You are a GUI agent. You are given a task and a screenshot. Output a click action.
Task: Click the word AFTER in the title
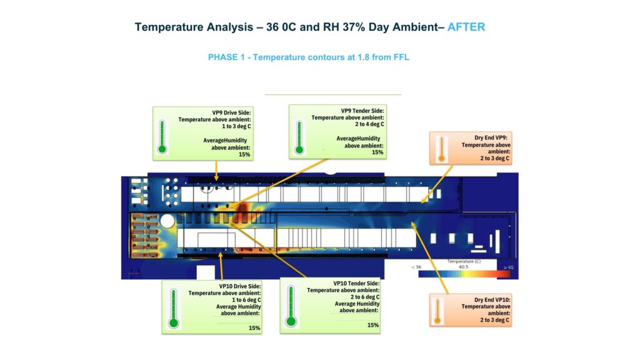tap(466, 27)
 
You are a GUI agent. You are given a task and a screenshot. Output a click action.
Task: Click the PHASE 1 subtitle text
tap(308, 57)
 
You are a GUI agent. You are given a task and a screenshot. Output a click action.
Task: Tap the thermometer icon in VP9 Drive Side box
tap(162, 136)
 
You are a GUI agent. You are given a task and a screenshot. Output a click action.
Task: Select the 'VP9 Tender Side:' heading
tap(362, 111)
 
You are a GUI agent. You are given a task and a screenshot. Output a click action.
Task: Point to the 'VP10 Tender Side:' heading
tap(356, 283)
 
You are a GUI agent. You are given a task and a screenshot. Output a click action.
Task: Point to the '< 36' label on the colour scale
tap(417, 267)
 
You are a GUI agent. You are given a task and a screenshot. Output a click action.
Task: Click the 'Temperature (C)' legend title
tap(463, 260)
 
